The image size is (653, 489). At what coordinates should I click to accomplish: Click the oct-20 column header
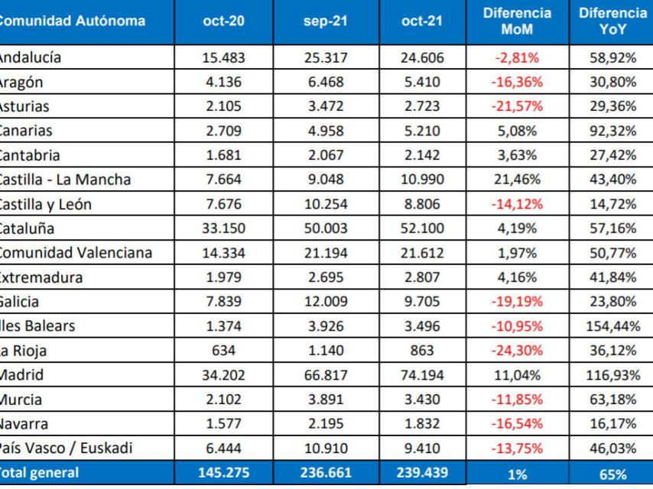[224, 21]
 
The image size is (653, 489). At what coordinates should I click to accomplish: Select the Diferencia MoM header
[517, 21]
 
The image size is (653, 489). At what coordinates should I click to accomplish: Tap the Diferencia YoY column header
[612, 21]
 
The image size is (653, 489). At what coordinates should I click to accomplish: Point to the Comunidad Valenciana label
[76, 253]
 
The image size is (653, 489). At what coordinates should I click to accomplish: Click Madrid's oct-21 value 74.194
[422, 375]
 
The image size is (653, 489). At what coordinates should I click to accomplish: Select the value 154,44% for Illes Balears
[612, 326]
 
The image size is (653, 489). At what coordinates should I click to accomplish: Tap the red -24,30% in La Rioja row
[517, 351]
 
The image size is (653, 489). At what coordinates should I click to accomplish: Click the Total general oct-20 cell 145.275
[224, 473]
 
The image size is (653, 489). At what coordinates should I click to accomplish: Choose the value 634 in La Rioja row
[224, 351]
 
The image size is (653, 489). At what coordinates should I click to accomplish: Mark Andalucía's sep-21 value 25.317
[325, 57]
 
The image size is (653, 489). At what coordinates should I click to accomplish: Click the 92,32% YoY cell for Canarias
[612, 131]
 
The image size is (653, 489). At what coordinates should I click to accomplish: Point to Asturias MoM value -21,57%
[517, 106]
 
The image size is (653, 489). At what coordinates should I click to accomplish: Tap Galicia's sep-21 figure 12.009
[325, 302]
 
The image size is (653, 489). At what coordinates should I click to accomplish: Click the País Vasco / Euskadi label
[66, 449]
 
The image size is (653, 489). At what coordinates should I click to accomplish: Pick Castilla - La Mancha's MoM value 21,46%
[517, 180]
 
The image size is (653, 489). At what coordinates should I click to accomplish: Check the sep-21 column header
[325, 21]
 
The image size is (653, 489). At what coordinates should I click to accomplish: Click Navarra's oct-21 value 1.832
[422, 424]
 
